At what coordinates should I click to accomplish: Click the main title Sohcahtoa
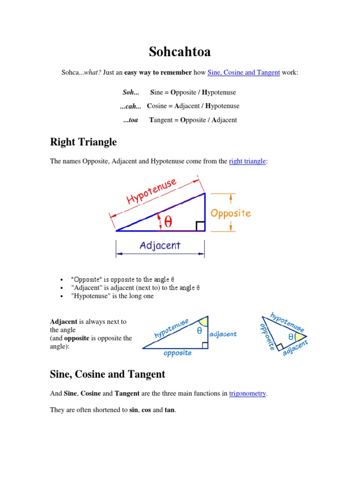coord(180,52)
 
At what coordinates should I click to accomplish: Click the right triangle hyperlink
coord(247,161)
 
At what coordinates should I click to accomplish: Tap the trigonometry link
coord(247,393)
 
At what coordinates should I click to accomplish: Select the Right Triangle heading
coord(83,142)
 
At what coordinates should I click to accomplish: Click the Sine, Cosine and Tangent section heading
coord(107,374)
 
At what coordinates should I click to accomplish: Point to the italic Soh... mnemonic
coord(131,92)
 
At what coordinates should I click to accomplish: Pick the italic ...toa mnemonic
coord(131,120)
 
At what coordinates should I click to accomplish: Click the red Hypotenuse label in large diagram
coord(151,191)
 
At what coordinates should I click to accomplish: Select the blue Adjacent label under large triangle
coord(160,245)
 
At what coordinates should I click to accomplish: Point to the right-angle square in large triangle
coord(200,226)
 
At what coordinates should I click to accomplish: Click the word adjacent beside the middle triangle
coord(223,334)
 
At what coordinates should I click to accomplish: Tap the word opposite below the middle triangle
coord(178,353)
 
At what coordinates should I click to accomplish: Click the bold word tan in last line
coord(169,410)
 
